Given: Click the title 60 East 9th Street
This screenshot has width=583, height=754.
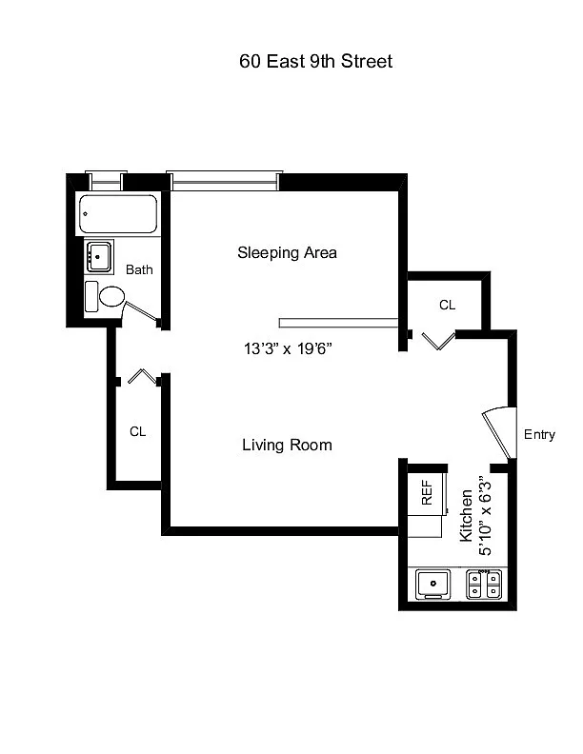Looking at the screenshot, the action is tap(315, 62).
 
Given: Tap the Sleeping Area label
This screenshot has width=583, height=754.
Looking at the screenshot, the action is tap(287, 253).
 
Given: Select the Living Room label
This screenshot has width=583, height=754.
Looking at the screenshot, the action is tap(287, 445).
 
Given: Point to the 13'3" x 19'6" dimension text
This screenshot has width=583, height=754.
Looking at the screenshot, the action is tap(288, 348).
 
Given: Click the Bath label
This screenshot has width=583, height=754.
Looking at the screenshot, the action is tap(139, 269).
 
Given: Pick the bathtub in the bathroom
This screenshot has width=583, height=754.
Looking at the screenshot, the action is tap(118, 214).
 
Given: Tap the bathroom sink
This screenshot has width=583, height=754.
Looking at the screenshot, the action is tap(99, 256).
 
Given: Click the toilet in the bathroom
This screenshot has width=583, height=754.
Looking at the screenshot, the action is tap(105, 297).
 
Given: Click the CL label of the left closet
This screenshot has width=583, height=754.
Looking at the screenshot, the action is tap(137, 432).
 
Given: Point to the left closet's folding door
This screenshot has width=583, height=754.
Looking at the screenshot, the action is tap(143, 376).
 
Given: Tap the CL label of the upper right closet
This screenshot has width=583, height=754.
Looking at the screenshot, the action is tap(448, 305).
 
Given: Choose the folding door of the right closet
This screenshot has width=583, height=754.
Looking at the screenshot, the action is tap(438, 341).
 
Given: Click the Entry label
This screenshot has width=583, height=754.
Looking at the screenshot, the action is tap(539, 435).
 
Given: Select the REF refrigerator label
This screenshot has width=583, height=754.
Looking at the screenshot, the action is tap(427, 493).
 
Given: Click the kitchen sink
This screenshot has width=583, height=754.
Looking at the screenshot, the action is tap(432, 585).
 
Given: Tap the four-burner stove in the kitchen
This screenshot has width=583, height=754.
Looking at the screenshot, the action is tap(484, 585).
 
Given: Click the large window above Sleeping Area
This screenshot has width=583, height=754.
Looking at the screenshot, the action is tap(225, 181).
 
